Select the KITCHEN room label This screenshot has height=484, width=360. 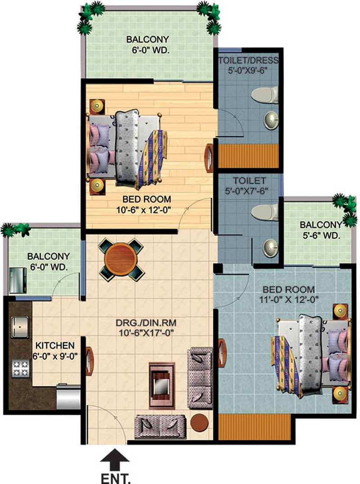coord(55,345)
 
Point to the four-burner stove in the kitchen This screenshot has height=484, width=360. coord(21,368)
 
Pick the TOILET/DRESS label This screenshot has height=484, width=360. coord(248,60)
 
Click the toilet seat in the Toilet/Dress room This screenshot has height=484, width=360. coord(265,95)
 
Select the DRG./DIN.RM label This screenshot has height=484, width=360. coord(146,323)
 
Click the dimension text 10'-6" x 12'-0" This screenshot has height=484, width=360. coord(144,210)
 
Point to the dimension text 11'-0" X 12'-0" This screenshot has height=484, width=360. coord(289,300)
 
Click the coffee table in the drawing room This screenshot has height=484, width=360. coord(162,385)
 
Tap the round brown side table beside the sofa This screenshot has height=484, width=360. coord(199,422)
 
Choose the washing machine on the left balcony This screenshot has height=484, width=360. coord(18,280)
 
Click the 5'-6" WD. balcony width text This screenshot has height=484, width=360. coord(321,236)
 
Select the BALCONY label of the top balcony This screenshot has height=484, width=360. coord(148,40)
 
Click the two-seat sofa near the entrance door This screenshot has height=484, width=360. coord(161,426)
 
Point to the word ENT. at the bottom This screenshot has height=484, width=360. coord(116,479)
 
